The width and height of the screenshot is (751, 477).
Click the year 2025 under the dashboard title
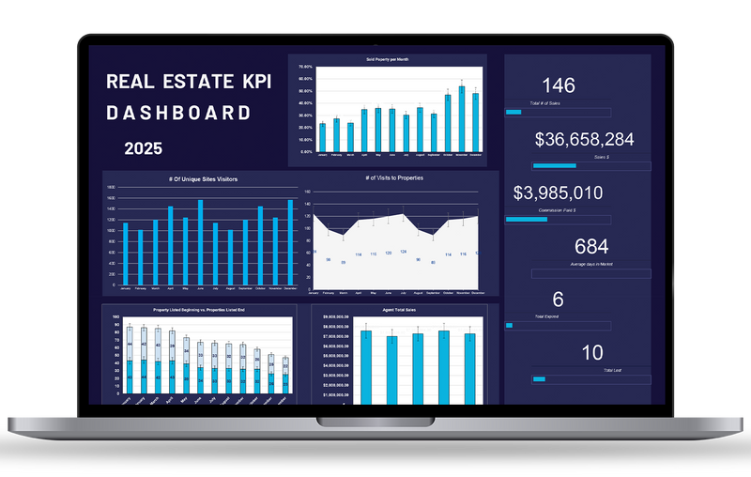(x=143, y=148)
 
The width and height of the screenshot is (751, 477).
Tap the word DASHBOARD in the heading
(x=178, y=113)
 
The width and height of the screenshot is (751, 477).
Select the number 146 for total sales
(x=559, y=85)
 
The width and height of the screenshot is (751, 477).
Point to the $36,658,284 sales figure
(x=584, y=140)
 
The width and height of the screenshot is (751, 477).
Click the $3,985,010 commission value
(x=559, y=193)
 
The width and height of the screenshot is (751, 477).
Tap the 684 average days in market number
(x=591, y=247)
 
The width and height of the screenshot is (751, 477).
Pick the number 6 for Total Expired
(x=559, y=300)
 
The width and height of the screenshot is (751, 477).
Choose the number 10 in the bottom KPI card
(x=592, y=353)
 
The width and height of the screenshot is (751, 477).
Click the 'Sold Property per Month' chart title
(x=387, y=59)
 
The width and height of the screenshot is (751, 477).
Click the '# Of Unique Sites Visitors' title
(x=202, y=177)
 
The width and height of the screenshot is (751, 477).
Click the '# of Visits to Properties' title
(x=394, y=177)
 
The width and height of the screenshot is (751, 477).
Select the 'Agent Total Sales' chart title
(x=398, y=310)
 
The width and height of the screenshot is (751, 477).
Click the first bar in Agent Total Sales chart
(x=366, y=366)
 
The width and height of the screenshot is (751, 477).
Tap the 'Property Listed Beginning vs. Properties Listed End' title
(x=199, y=310)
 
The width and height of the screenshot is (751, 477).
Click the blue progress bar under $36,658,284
(x=554, y=167)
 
